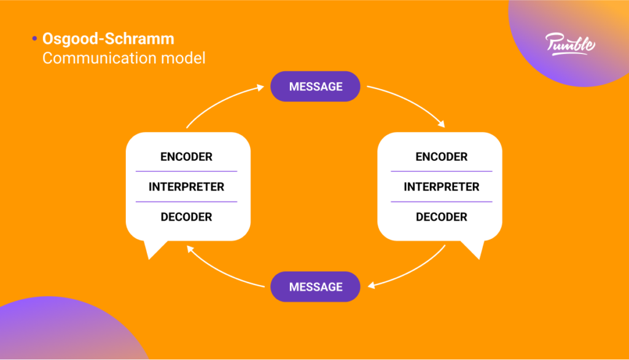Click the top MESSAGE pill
pyautogui.click(x=315, y=87)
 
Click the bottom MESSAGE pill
pyautogui.click(x=315, y=287)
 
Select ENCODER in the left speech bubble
pyautogui.click(x=186, y=157)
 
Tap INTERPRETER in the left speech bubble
pyautogui.click(x=186, y=187)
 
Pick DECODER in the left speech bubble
pyautogui.click(x=186, y=217)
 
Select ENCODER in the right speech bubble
pyautogui.click(x=441, y=157)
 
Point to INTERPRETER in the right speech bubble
pyautogui.click(x=441, y=187)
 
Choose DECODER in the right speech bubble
pyautogui.click(x=441, y=217)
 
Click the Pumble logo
pyautogui.click(x=570, y=44)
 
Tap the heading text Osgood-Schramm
pyautogui.click(x=108, y=39)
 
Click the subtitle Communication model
pyautogui.click(x=123, y=58)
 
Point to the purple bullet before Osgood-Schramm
pyautogui.click(x=34, y=39)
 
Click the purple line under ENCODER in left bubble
pyautogui.click(x=186, y=171)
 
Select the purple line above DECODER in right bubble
pyautogui.click(x=441, y=202)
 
